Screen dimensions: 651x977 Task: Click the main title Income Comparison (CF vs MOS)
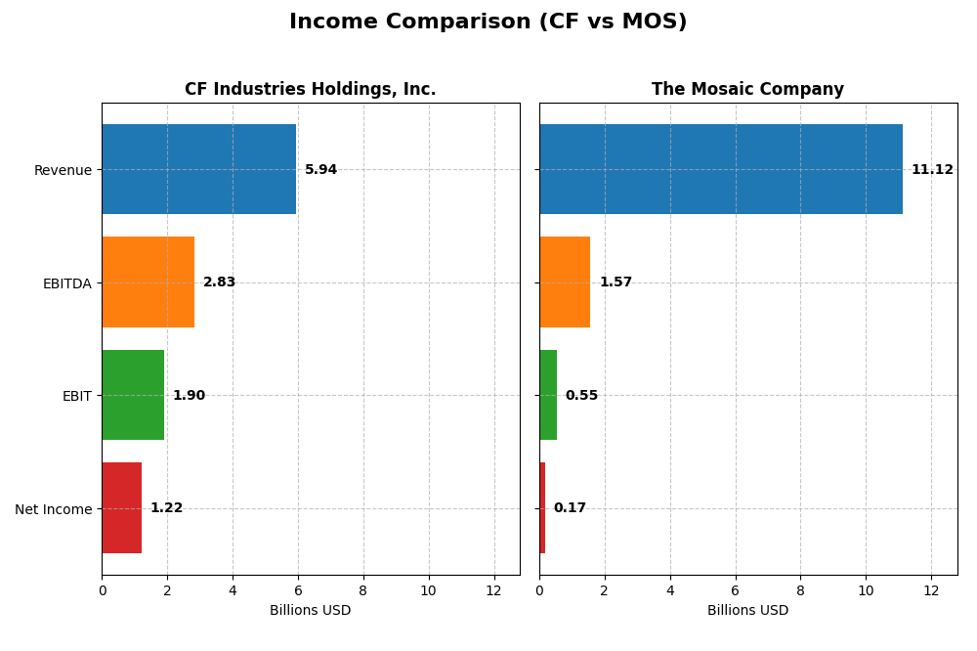click(488, 22)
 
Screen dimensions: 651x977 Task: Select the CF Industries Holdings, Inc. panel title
click(310, 89)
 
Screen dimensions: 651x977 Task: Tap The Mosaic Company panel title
click(747, 89)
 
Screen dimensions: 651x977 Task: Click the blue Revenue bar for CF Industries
click(198, 169)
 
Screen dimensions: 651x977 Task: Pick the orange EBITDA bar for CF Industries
click(148, 282)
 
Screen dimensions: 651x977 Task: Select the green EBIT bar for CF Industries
click(133, 395)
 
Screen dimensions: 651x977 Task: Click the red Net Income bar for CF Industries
click(121, 508)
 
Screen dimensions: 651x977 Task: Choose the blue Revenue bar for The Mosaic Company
click(720, 169)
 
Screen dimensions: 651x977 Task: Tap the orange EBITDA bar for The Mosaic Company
click(565, 282)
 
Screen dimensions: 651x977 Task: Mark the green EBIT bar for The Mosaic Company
click(548, 395)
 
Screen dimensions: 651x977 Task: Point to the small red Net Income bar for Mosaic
click(542, 508)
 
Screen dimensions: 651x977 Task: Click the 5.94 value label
click(320, 170)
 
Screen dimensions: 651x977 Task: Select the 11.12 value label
click(932, 170)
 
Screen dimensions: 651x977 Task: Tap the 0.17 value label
click(570, 508)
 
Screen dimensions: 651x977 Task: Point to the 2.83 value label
click(219, 282)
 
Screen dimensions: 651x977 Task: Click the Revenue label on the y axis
click(63, 170)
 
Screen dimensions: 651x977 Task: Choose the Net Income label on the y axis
click(53, 509)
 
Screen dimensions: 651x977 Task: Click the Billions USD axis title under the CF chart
click(310, 611)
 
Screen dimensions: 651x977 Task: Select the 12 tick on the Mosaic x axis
click(931, 590)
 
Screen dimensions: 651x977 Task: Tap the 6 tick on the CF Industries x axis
click(298, 590)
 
